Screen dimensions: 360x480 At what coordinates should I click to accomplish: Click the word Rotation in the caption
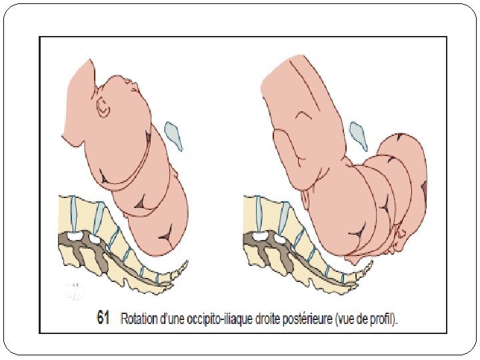140,319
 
